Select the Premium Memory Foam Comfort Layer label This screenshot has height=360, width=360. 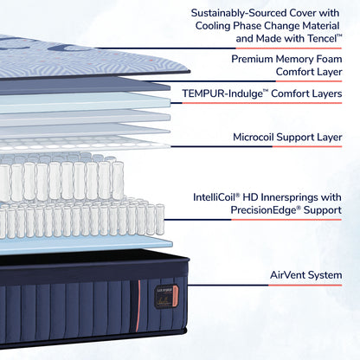(286, 66)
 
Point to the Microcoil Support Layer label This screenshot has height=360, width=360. (287, 137)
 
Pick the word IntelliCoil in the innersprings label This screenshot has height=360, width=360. (219, 197)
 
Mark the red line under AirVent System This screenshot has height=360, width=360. (302, 288)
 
